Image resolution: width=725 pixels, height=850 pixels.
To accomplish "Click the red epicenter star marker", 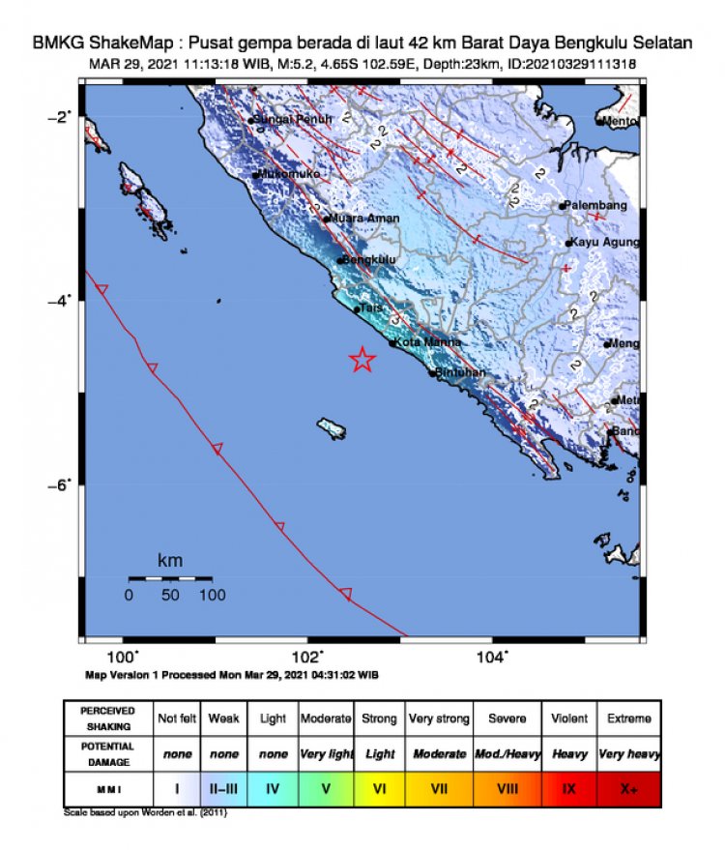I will tap(362, 360).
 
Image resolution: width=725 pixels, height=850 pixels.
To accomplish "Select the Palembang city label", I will tap(597, 205).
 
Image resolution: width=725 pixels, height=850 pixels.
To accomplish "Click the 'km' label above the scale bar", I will tap(170, 561).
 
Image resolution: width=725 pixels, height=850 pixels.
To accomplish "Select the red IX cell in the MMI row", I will tap(568, 789).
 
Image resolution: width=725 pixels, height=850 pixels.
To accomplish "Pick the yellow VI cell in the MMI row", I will tap(379, 789).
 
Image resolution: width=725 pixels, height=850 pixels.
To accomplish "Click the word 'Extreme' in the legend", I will tap(628, 718).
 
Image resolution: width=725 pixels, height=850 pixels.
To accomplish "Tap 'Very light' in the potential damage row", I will tap(326, 753).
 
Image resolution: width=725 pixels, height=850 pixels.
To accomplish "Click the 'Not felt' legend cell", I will tap(176, 718).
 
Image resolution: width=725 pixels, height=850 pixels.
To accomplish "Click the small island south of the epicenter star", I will tap(333, 427).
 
